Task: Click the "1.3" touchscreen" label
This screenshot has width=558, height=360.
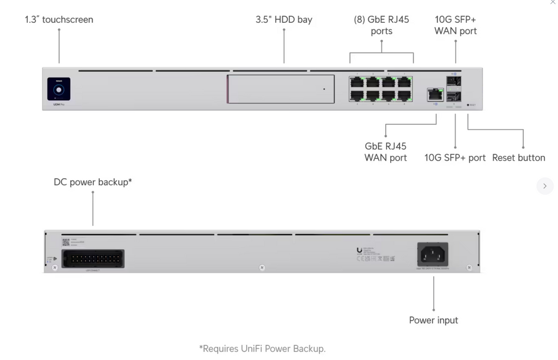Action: click(x=59, y=20)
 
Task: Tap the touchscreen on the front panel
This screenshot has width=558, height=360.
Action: click(x=59, y=89)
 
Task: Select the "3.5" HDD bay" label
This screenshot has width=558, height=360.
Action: click(x=284, y=20)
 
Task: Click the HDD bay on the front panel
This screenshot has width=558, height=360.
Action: click(x=281, y=89)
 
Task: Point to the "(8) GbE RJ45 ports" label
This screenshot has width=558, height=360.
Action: click(x=381, y=25)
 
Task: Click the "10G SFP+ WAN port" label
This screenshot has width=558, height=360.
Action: click(x=456, y=25)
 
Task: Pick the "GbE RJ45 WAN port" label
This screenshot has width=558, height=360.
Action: click(x=386, y=152)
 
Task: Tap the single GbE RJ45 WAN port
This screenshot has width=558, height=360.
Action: click(x=434, y=94)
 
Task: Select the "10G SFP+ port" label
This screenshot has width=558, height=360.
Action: click(x=455, y=158)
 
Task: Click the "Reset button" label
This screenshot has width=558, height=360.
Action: click(x=518, y=158)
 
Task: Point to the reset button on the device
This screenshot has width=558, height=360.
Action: click(x=468, y=105)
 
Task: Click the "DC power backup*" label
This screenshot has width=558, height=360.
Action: click(x=93, y=182)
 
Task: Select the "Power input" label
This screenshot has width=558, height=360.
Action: click(x=434, y=320)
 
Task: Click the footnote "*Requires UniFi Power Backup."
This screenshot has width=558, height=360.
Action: click(x=262, y=349)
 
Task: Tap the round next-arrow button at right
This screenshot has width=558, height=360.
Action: click(x=544, y=186)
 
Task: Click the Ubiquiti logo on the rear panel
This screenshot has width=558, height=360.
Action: click(x=359, y=251)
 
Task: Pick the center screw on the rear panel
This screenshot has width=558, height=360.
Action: click(x=262, y=267)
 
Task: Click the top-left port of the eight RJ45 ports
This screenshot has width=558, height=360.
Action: click(x=357, y=82)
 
